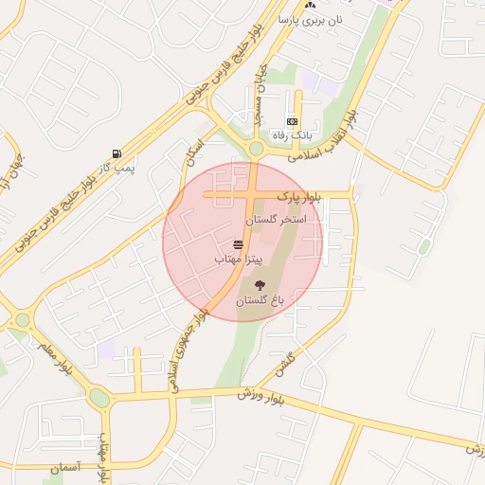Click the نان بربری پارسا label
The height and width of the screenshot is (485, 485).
tap(309, 19)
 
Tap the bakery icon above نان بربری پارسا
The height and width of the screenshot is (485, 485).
tap(310, 5)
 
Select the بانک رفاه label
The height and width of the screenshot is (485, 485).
tap(293, 135)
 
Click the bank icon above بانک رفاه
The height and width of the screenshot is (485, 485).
tap(292, 121)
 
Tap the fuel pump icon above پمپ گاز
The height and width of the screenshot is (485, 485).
tap(117, 153)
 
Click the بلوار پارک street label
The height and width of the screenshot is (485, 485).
tap(299, 196)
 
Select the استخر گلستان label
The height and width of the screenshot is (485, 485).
tap(277, 220)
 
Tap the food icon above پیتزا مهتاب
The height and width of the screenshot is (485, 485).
tap(236, 244)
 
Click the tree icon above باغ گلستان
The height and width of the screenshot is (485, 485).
tap(260, 283)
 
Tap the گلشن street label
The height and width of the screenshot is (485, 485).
tap(287, 362)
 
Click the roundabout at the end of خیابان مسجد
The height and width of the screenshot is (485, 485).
tap(255, 148)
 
